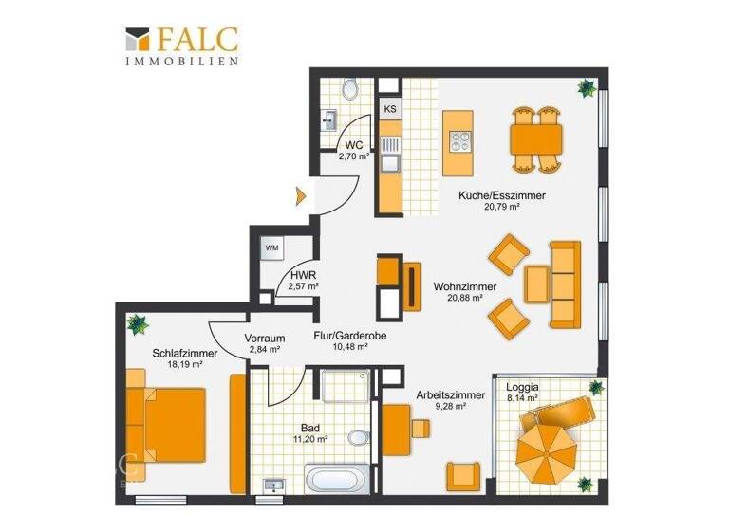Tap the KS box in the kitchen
click(x=390, y=109)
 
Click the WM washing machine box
click(x=271, y=248)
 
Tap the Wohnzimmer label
click(x=465, y=285)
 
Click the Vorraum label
click(x=264, y=338)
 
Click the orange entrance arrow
click(x=300, y=196)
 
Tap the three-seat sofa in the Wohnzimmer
click(x=565, y=281)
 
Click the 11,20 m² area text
click(x=310, y=438)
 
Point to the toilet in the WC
click(x=350, y=89)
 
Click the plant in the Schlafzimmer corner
click(x=139, y=323)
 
